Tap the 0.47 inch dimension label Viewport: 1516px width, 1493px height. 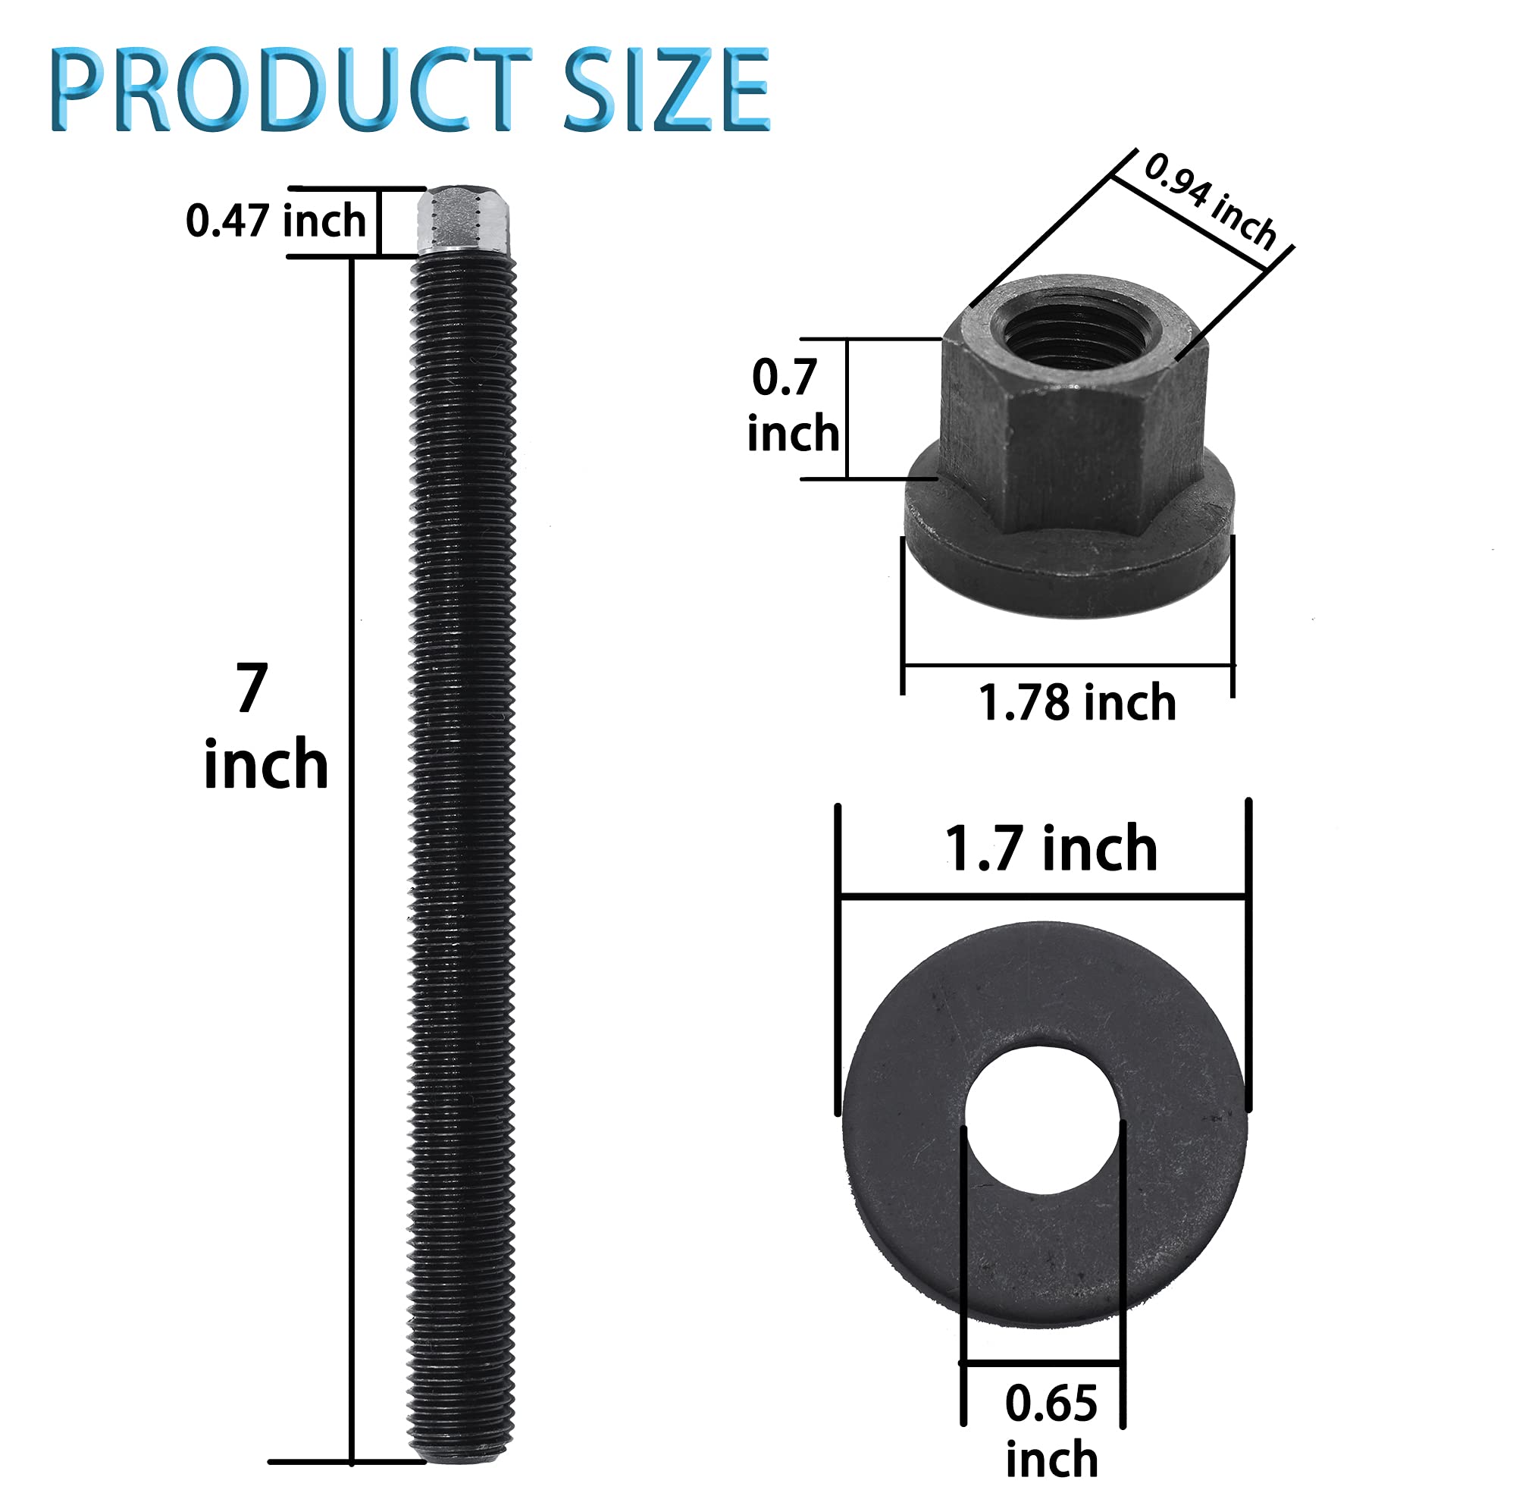click(275, 221)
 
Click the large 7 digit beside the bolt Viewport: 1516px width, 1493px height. click(252, 688)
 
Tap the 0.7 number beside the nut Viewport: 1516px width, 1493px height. click(785, 377)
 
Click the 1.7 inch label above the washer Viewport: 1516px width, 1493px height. click(1051, 849)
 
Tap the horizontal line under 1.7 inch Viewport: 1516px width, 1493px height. click(1041, 896)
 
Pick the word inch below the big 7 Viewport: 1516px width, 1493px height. click(265, 764)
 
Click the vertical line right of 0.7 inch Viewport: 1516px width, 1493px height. click(847, 408)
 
